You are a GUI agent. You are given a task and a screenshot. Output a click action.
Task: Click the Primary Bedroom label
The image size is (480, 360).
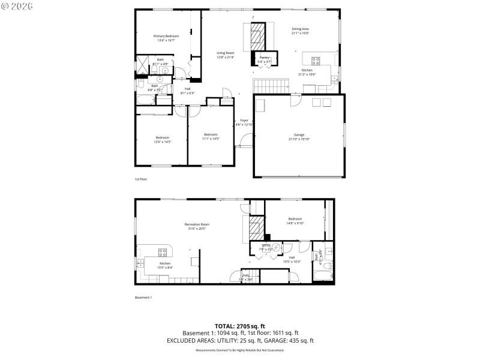[166, 36]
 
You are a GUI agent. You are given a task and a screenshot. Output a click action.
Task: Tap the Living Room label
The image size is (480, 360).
[226, 53]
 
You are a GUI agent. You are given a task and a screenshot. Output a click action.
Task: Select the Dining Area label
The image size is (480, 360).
[300, 29]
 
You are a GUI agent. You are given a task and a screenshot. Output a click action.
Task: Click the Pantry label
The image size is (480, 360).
[264, 58]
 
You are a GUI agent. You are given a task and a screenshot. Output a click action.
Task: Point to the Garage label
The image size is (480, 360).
[299, 134]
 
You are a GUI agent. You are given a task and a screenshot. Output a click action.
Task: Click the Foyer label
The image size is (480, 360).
[244, 120]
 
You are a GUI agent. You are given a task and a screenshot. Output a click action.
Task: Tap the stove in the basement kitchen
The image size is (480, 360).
[162, 252]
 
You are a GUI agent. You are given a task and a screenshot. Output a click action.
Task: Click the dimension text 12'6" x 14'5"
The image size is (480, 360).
[163, 142]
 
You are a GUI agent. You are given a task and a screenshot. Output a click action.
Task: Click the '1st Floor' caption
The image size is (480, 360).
[141, 179]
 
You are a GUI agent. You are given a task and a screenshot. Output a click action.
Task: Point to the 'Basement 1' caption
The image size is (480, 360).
[143, 298]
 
